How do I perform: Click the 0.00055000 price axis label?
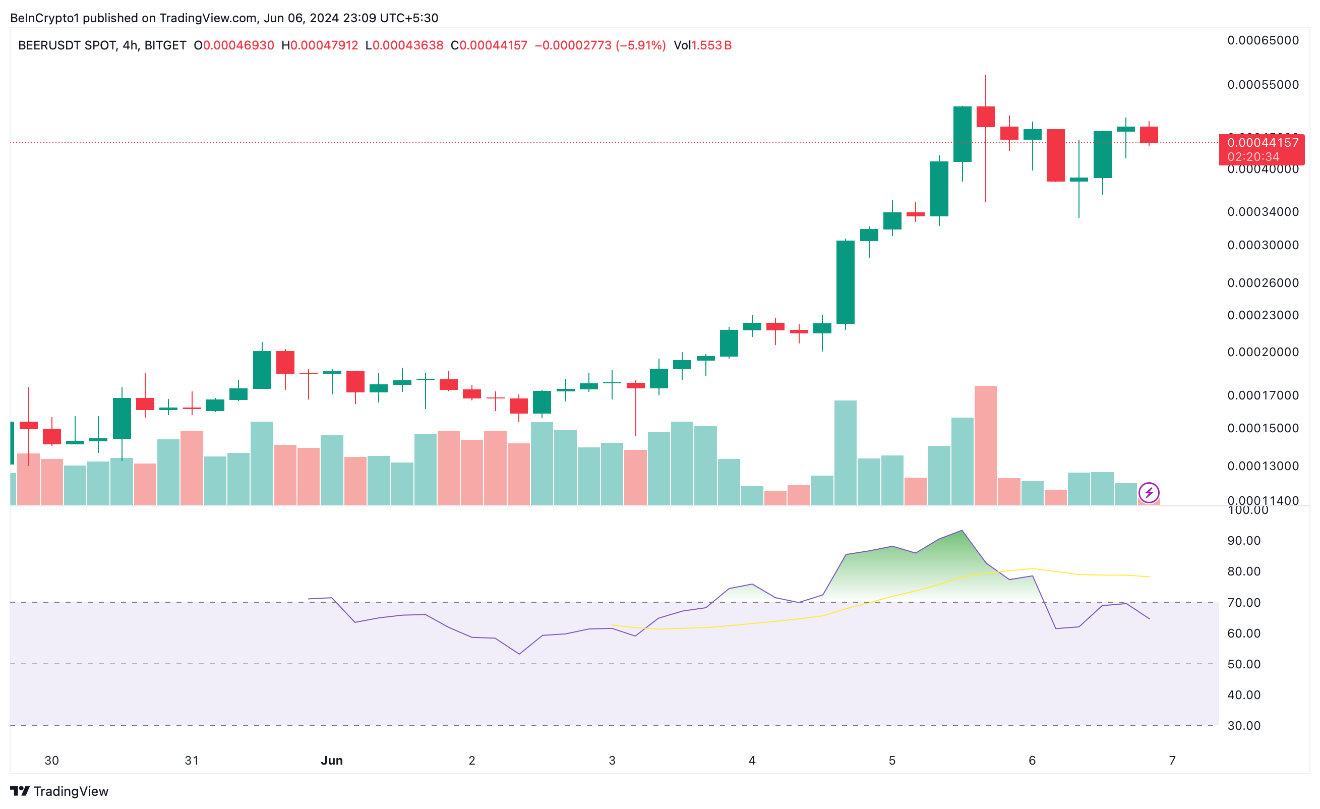[x=1263, y=85]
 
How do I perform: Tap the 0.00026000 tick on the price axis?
[x=1263, y=283]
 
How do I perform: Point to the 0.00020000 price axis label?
[x=1263, y=352]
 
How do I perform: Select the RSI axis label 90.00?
[x=1243, y=541]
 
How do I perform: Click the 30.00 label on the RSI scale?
[x=1243, y=725]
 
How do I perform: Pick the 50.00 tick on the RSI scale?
[x=1243, y=664]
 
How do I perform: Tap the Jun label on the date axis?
[x=332, y=760]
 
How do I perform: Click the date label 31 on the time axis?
[x=191, y=760]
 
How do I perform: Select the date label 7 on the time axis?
[x=1172, y=760]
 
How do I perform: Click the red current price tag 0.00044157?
[x=1262, y=143]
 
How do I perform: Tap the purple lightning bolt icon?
[x=1149, y=492]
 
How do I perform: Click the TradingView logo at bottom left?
[x=59, y=791]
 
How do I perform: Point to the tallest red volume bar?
[x=985, y=445]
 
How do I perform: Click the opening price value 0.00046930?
[x=238, y=45]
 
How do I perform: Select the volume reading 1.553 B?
[x=711, y=45]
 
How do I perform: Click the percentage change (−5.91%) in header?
[x=641, y=45]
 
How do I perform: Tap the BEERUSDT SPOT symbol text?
[x=67, y=45]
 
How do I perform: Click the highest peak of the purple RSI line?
[x=962, y=531]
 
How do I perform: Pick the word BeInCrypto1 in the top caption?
[x=44, y=18]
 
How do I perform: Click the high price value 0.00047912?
[x=324, y=45]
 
